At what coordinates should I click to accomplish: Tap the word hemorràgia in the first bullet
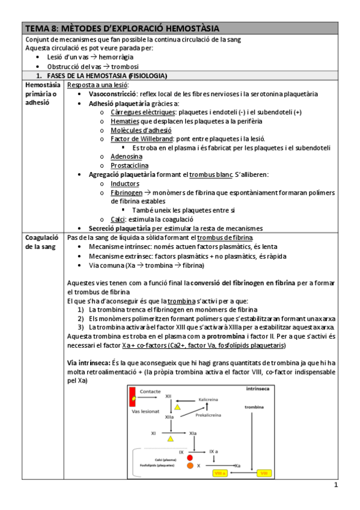[x=114, y=57]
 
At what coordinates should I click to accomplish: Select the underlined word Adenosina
[x=126, y=156]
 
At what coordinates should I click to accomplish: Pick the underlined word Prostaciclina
[x=129, y=165]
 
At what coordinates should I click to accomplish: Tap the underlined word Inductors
[x=124, y=183]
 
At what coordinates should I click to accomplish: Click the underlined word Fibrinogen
[x=126, y=192]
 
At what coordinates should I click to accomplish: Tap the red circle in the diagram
[x=190, y=458]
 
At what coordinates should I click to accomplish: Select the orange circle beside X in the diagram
[x=190, y=465]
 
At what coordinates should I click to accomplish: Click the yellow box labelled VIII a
[x=220, y=473]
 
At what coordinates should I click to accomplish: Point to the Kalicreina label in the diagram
[x=207, y=399]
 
